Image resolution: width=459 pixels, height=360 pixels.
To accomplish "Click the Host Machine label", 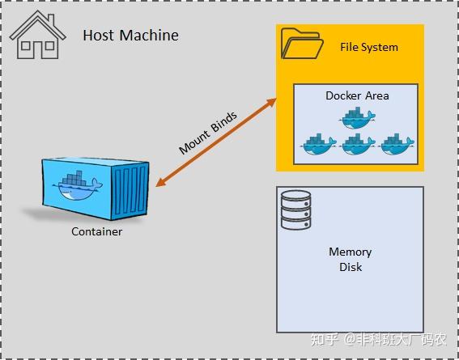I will [x=130, y=36].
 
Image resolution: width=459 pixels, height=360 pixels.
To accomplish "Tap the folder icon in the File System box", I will [x=300, y=44].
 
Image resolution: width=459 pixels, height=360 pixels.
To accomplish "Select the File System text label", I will [x=368, y=47].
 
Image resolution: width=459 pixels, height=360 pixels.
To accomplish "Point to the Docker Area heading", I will [x=357, y=95].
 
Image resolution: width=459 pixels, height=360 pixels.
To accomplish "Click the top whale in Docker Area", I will [x=357, y=119].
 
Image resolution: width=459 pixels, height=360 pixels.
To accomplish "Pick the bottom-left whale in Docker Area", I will [x=317, y=143].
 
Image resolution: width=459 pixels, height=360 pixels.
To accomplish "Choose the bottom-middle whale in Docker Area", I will [x=357, y=143].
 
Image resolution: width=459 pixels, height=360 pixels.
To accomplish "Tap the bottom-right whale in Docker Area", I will [x=396, y=143].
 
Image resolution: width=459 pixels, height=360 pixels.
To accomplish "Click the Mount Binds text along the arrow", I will [x=209, y=133].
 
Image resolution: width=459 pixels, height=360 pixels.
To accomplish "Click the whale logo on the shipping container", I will [x=77, y=187].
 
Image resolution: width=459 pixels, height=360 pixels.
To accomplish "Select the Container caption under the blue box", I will [x=96, y=232].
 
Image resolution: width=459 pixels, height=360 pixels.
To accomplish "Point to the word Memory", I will [x=350, y=252].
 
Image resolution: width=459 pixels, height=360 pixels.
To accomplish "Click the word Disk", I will [x=350, y=267].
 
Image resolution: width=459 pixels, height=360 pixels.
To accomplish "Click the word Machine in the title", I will [x=150, y=36].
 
